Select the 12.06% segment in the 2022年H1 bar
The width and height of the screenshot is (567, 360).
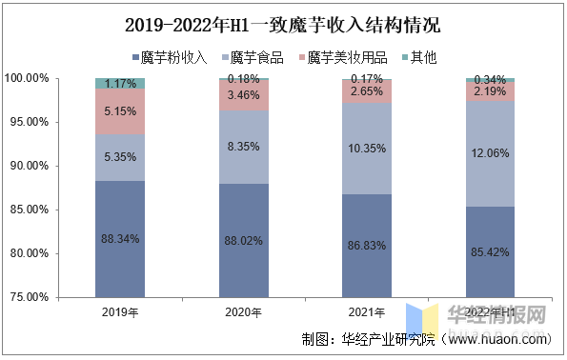(x=490, y=153)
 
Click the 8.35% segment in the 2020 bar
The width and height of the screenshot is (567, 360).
(x=243, y=147)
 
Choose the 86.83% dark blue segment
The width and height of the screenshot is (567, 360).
(x=367, y=246)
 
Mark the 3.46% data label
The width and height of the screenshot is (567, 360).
(x=243, y=95)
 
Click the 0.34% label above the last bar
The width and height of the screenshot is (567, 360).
(x=490, y=79)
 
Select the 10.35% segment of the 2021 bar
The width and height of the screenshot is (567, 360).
(x=367, y=149)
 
